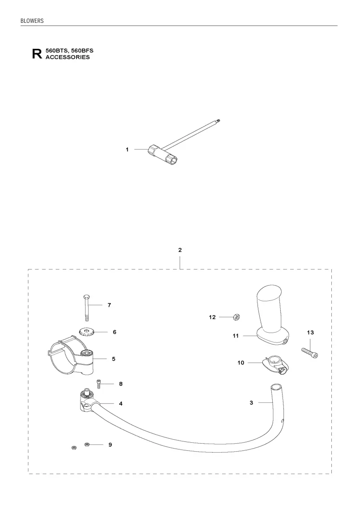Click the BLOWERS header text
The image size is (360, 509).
pos(32,21)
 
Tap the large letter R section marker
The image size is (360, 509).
pos(37,54)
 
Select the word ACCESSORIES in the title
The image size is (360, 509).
pos(68,57)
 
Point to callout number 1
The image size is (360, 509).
pos(127,150)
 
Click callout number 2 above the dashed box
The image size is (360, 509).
pos(180,250)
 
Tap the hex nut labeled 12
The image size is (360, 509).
pos(237,317)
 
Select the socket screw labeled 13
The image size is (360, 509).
pos(310,353)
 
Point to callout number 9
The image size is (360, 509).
pos(110,445)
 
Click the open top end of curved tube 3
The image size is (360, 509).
pos(276,387)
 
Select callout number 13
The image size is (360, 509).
pos(310,333)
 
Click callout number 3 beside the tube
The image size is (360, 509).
pos(251,403)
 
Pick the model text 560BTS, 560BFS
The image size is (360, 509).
pos(69,51)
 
